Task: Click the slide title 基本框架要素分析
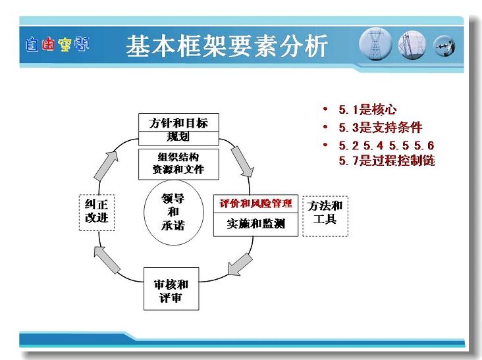coord(227,46)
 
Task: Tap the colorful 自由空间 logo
coord(57,45)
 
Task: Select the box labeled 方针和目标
coord(178,122)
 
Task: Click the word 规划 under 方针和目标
coord(178,136)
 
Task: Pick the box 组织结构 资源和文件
coord(178,164)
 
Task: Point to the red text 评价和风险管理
coord(255,203)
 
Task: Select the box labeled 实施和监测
coord(255,224)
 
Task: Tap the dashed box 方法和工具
coord(325,216)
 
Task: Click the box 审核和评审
coord(171,289)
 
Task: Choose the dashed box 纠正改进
coord(97,213)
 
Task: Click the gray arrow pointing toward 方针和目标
coord(106,166)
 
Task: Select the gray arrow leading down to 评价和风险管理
coord(242,161)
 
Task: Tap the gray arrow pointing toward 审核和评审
coord(240,265)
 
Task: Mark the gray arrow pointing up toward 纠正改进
coord(107,260)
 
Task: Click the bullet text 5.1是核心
coord(367,110)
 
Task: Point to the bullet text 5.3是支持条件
coord(381,128)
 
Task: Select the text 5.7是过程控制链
coord(387,161)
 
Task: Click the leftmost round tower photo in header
coord(375,45)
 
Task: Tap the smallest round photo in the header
coord(444,46)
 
